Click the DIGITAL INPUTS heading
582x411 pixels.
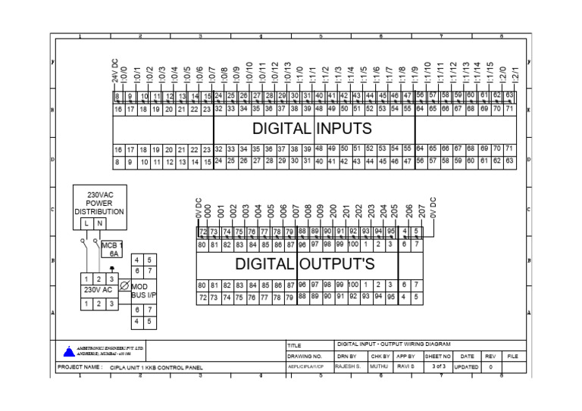[311, 129]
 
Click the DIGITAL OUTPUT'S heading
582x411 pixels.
[305, 264]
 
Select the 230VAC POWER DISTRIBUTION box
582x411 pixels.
[99, 203]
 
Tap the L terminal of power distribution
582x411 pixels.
[86, 223]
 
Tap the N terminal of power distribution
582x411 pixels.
[100, 223]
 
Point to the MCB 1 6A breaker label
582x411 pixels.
[111, 250]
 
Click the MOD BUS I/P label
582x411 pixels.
[143, 291]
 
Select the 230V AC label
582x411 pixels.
[98, 290]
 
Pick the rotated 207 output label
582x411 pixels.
[421, 211]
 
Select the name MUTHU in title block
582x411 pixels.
[380, 366]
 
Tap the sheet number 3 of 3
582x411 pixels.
[438, 366]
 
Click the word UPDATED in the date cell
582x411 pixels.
[466, 366]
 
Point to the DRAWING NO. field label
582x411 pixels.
[305, 355]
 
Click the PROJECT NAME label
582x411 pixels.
[80, 367]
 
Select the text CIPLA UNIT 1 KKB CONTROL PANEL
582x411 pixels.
[156, 367]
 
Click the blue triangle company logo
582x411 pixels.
[70, 351]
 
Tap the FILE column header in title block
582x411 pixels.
[513, 355]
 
